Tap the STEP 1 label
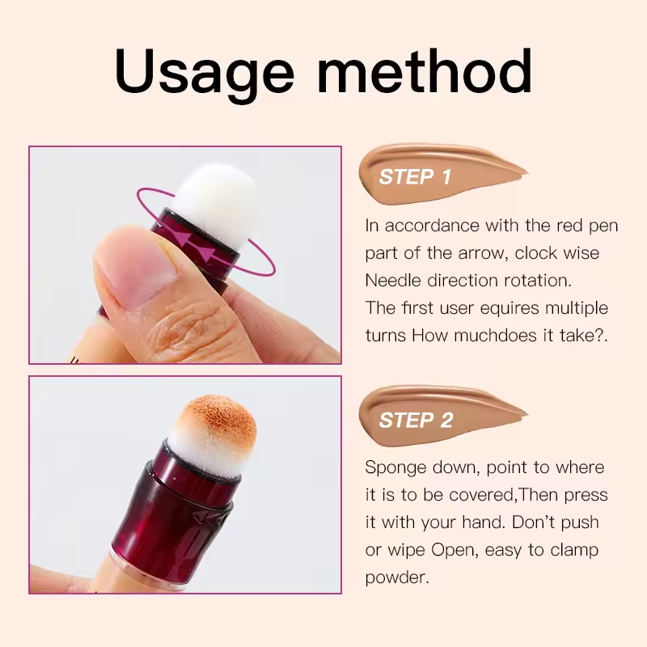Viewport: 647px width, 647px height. click(415, 176)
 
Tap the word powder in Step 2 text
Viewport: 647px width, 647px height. click(394, 578)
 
